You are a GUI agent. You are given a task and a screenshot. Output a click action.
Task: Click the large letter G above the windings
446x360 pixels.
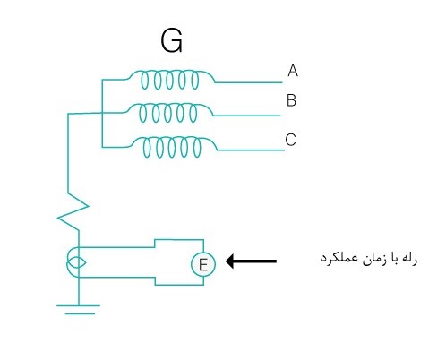[171, 40]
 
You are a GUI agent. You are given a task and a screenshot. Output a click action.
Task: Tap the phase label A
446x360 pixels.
[293, 71]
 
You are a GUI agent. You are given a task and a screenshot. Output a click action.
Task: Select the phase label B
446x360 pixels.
[291, 100]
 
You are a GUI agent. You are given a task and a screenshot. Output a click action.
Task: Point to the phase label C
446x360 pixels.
[290, 140]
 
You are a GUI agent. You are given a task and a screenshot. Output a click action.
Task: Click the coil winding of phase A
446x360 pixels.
[169, 80]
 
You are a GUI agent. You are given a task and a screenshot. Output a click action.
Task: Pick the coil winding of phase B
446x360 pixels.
[168, 113]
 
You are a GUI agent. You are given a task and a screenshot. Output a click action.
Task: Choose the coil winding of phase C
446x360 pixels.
[172, 147]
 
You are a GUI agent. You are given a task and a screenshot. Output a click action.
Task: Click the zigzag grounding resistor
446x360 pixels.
[73, 211]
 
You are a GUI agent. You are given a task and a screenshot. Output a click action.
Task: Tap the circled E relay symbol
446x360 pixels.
[203, 264]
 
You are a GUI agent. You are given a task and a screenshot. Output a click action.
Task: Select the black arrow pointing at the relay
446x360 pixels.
[251, 261]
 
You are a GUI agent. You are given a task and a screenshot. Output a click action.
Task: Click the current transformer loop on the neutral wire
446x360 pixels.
[76, 262]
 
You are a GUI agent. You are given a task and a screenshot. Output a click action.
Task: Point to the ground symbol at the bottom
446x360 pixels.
[79, 310]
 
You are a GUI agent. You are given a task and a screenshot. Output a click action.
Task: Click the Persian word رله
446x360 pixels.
[409, 259]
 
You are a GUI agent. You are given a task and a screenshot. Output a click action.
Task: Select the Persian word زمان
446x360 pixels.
[373, 259]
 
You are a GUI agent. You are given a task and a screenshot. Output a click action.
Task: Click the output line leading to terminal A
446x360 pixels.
[249, 82]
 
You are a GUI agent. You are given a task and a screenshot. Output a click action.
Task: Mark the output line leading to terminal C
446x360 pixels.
[251, 150]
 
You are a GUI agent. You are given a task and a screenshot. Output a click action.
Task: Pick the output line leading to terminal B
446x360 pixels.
[247, 116]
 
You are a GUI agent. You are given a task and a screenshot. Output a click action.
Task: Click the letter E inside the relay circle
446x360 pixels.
[203, 265]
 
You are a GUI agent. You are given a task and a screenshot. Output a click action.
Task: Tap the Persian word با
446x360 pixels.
[392, 259]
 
